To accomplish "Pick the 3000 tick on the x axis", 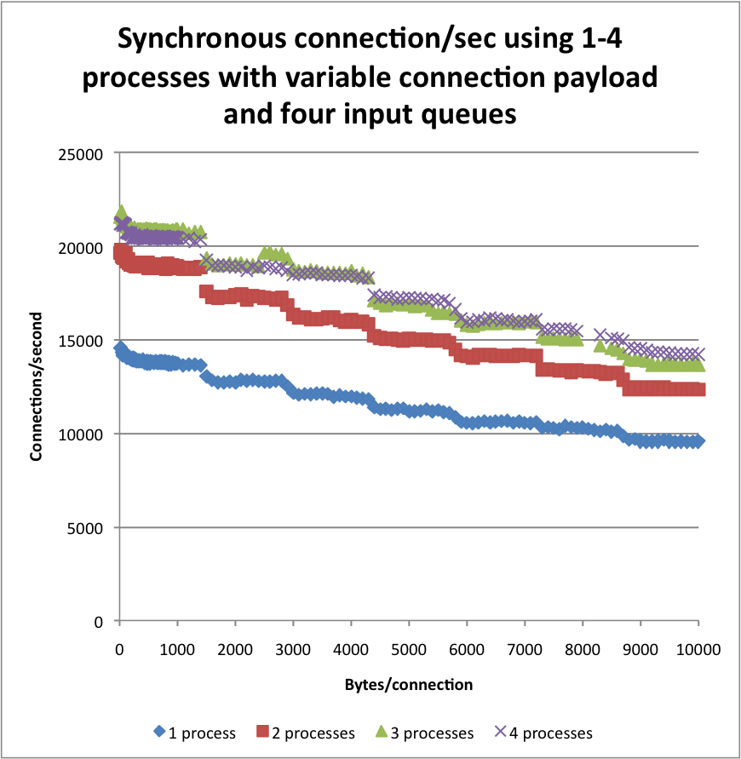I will (x=293, y=648).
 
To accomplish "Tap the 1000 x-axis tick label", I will (x=177, y=648).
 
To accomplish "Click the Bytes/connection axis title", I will (x=409, y=684).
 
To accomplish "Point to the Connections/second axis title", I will (x=36, y=388).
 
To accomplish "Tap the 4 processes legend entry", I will (x=543, y=733).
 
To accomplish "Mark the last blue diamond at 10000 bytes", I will (x=698, y=441).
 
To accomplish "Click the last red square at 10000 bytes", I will (x=698, y=389).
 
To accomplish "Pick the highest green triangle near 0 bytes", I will (x=121, y=210).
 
